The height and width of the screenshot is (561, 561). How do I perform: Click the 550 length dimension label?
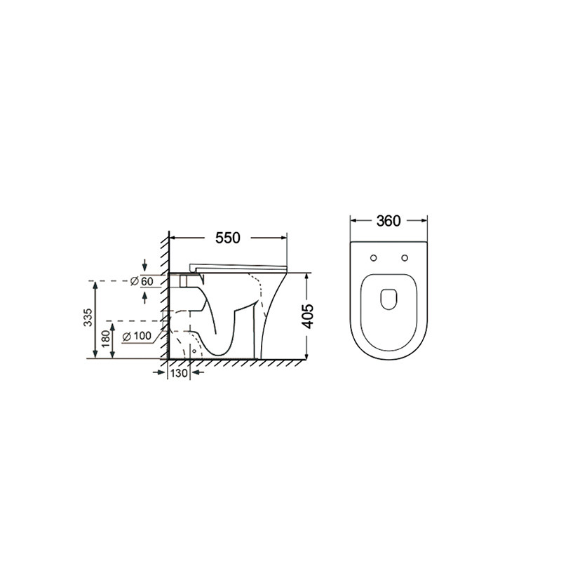pos(227,238)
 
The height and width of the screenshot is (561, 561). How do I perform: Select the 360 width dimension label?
pos(388,221)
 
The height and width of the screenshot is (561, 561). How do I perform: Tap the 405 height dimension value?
pos(308,316)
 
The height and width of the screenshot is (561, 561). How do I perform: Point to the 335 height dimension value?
pos(88,317)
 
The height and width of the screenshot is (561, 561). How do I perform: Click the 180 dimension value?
pos(105,339)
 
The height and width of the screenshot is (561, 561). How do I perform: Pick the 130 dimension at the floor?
pos(179,373)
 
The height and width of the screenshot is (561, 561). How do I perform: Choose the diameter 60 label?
pos(142,282)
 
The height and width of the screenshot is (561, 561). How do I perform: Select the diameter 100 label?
pos(137,337)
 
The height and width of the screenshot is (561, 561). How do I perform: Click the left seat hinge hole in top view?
pos(374,258)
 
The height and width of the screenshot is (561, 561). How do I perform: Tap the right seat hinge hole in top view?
pos(405,258)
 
